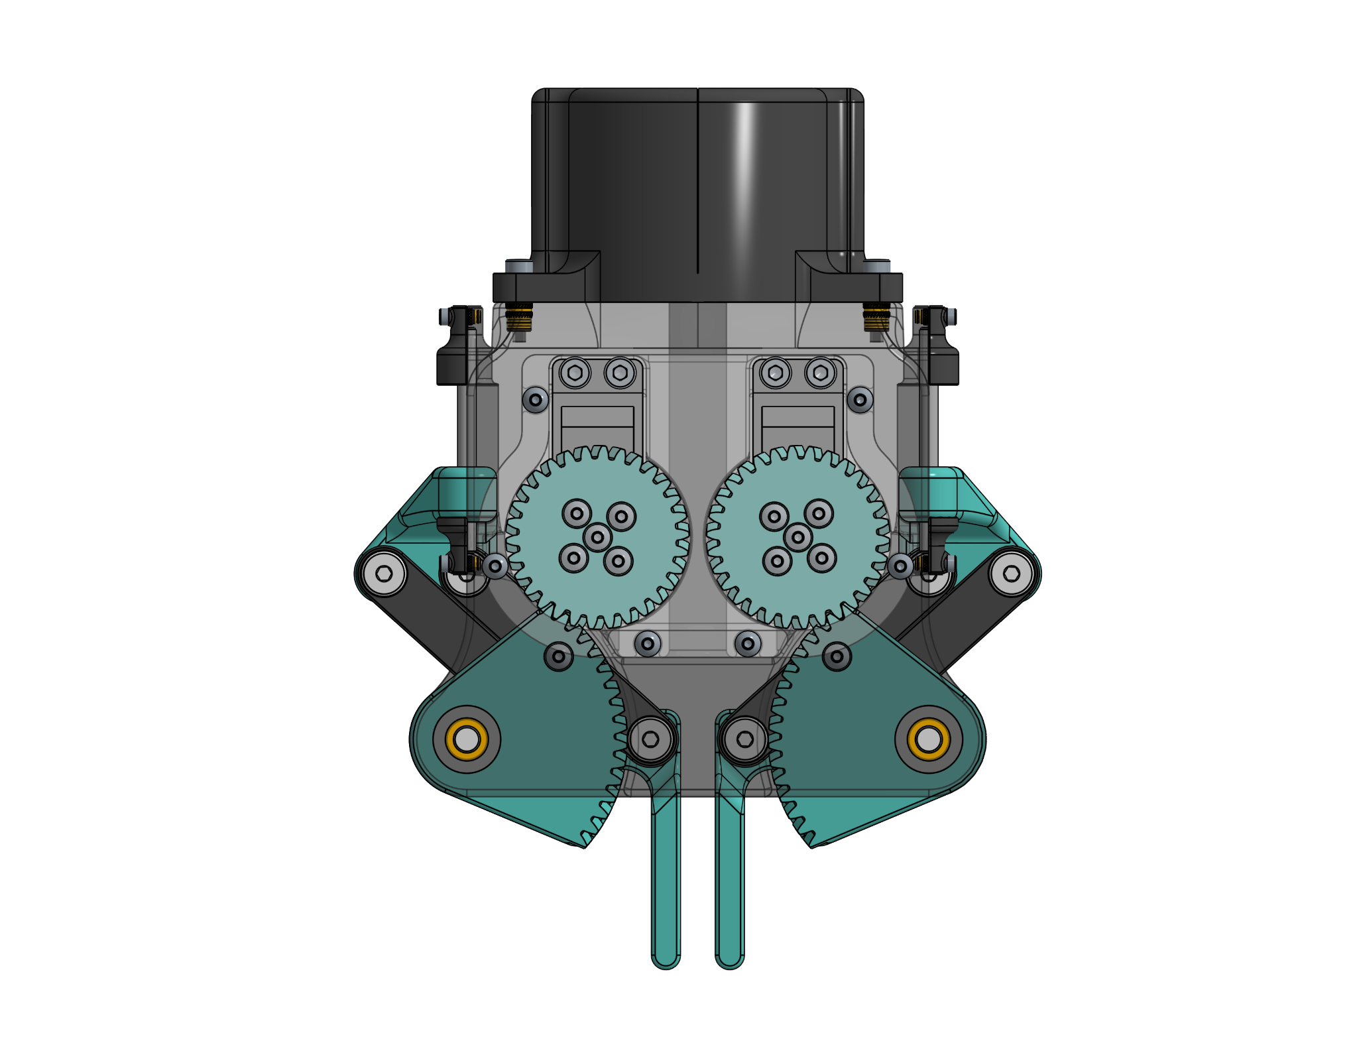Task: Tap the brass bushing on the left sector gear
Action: pos(467,739)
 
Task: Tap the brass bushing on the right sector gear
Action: pos(928,739)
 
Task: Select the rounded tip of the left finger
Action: pos(666,959)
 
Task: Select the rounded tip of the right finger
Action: pos(730,959)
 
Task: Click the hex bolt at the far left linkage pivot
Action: pos(385,573)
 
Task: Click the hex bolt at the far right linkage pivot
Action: pos(1012,573)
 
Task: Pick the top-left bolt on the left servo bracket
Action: pos(575,373)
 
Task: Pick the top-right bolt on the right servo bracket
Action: pos(820,373)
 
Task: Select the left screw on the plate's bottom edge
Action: pos(648,643)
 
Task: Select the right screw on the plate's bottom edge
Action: pos(748,643)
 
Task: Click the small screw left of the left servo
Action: pos(535,400)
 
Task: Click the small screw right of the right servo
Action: pos(860,400)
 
